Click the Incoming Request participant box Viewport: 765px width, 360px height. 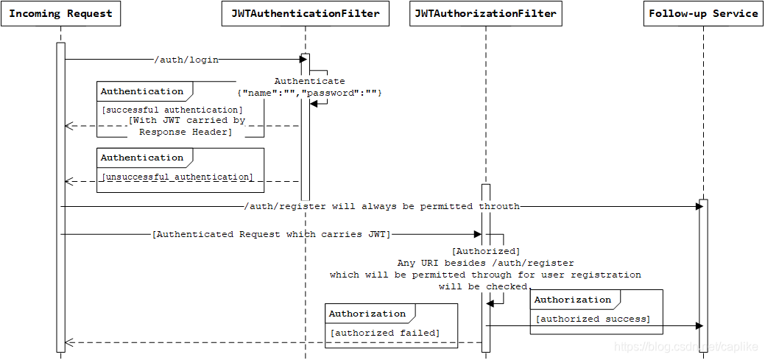tap(60, 14)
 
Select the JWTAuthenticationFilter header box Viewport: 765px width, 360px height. tap(305, 14)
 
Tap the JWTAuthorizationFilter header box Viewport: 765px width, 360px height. tap(485, 14)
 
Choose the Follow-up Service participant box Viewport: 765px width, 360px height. tap(703, 14)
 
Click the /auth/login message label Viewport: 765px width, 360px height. tap(186, 60)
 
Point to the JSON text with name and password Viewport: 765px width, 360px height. tap(309, 93)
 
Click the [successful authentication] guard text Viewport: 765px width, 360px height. tap(172, 110)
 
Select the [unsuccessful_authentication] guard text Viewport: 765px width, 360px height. tap(177, 177)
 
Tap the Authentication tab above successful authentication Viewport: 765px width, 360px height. tap(142, 91)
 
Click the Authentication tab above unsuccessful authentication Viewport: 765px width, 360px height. tap(142, 158)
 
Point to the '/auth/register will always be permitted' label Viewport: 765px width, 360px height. tap(382, 207)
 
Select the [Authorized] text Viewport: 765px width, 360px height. tap(485, 251)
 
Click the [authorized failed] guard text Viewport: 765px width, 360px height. tap(384, 333)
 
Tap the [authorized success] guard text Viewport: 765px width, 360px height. tap(593, 319)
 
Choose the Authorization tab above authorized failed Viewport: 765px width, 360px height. tap(367, 314)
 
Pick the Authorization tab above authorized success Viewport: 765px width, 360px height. tap(572, 300)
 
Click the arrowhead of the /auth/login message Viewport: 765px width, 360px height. tap(302, 59)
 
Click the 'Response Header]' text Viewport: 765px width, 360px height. tap(185, 132)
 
